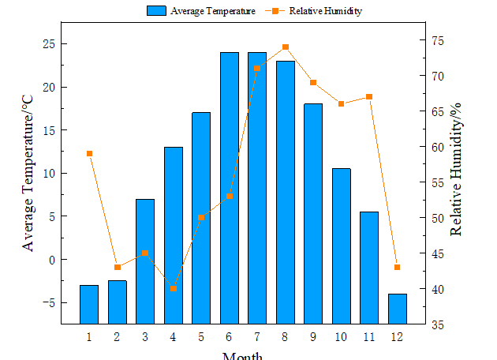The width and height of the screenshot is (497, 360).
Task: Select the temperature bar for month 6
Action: pyautogui.click(x=230, y=188)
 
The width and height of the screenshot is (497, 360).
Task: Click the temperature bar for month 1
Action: pyautogui.click(x=89, y=304)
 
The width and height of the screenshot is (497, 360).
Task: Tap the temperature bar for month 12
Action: pyautogui.click(x=397, y=308)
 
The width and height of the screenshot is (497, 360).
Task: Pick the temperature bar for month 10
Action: pyautogui.click(x=341, y=246)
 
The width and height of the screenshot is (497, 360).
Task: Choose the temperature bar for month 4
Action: pyautogui.click(x=173, y=235)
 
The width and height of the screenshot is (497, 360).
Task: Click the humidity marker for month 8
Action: pyautogui.click(x=285, y=47)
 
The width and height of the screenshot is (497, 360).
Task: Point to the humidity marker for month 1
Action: pyautogui.click(x=89, y=153)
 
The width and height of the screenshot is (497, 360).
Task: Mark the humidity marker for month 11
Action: pyautogui.click(x=369, y=96)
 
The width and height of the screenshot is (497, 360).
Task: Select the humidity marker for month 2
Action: pyautogui.click(x=118, y=267)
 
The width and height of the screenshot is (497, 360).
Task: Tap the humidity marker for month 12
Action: pyautogui.click(x=397, y=267)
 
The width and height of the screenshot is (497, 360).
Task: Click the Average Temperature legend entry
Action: pyautogui.click(x=202, y=11)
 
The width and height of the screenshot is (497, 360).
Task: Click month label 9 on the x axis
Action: pyautogui.click(x=313, y=337)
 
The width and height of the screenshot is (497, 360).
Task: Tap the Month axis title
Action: pyautogui.click(x=242, y=355)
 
